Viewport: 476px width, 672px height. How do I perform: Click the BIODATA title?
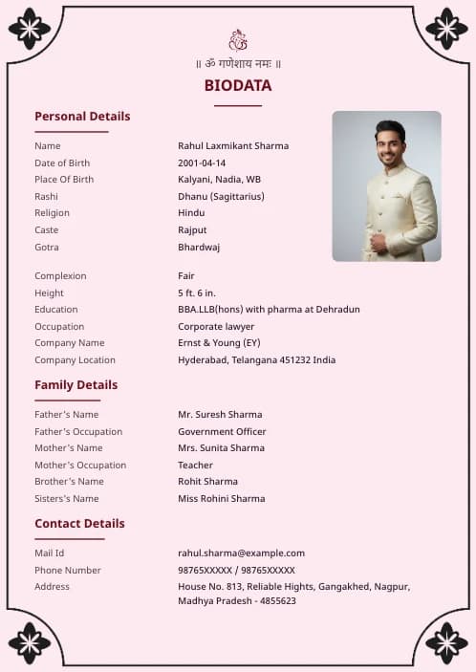(x=238, y=86)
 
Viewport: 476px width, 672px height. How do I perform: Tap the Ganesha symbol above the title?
(x=238, y=40)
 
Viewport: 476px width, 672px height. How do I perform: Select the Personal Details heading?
(x=82, y=117)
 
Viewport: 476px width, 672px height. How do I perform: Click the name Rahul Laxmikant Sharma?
(x=233, y=146)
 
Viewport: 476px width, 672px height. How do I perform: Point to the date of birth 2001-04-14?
(x=202, y=163)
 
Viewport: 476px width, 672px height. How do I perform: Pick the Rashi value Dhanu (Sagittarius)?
(x=221, y=196)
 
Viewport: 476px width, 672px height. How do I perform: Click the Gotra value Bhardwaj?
(x=199, y=247)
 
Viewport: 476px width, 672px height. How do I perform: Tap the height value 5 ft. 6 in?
(x=197, y=293)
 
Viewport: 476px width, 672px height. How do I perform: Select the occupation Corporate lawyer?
(x=216, y=326)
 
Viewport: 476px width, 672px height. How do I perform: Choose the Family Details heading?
(x=76, y=385)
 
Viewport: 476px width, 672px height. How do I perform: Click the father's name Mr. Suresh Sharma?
(x=220, y=415)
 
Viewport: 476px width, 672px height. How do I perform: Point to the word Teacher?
(x=195, y=465)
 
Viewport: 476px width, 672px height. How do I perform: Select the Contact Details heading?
(x=79, y=524)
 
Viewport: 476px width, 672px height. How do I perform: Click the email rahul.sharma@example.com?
(x=241, y=553)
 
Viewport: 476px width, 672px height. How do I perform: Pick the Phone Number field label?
(x=68, y=570)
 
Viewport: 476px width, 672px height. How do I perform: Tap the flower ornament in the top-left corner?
(x=30, y=29)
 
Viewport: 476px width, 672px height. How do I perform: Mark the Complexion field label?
(x=60, y=276)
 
